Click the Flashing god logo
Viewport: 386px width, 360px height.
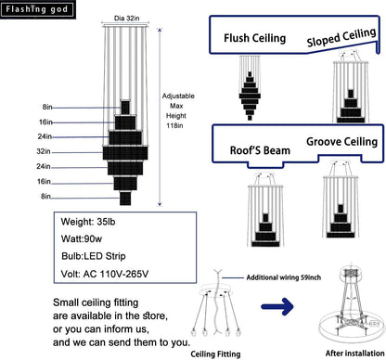point(37,9)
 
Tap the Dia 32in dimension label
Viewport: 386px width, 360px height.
point(127,19)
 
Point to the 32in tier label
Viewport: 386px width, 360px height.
point(44,151)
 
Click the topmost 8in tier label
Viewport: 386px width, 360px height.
point(47,107)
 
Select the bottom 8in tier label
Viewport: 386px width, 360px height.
point(45,196)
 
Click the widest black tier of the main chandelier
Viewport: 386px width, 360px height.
point(125,153)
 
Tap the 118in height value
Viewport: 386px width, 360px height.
point(174,125)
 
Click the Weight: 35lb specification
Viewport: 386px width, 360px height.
point(88,222)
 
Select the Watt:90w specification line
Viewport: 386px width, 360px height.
point(82,238)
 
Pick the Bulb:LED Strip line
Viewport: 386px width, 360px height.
point(94,256)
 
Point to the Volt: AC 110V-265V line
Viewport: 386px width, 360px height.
point(105,274)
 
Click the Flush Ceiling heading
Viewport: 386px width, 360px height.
point(255,38)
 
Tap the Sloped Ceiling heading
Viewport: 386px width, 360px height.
point(341,37)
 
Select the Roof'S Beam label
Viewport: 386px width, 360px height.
point(260,150)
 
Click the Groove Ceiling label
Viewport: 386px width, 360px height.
point(342,142)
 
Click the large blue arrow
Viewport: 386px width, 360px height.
point(277,306)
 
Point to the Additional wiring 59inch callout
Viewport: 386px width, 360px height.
point(284,277)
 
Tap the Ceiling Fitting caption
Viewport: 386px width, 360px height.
point(215,354)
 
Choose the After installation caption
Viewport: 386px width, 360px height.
point(354,354)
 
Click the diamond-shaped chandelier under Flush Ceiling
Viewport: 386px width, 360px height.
point(250,96)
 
